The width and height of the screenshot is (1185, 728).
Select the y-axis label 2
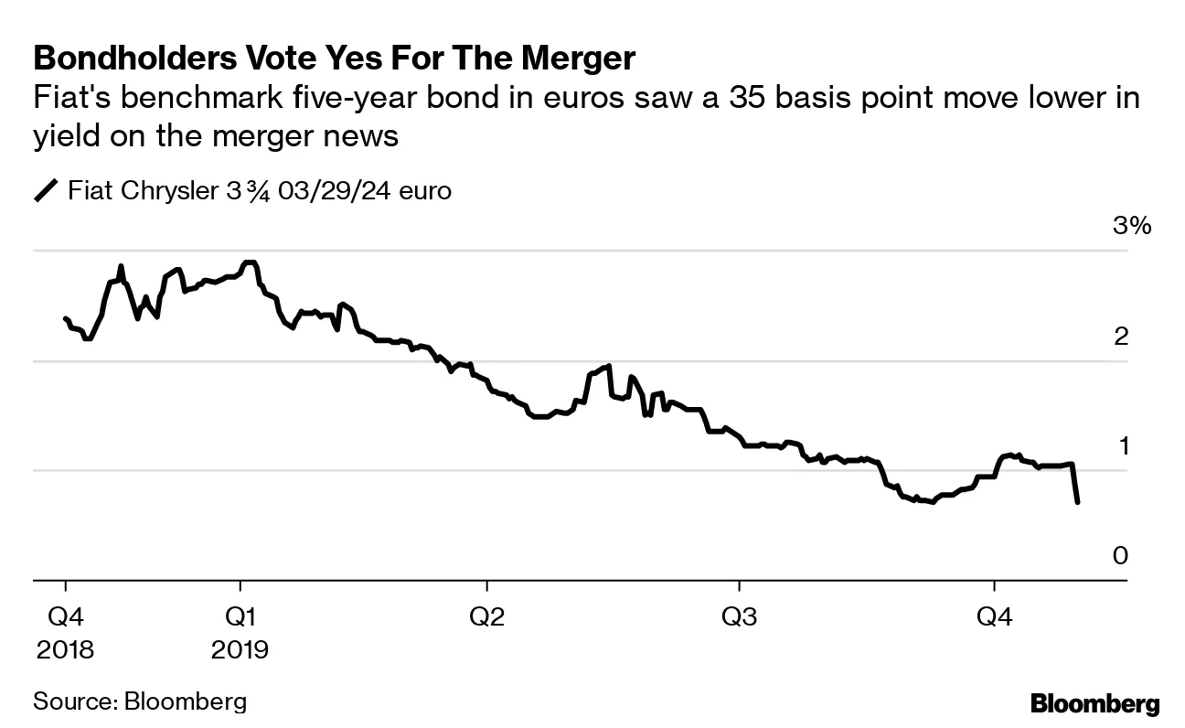pos(1121,337)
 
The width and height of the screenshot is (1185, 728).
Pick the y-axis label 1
pos(1121,445)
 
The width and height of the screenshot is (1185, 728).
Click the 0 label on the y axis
pos(1121,555)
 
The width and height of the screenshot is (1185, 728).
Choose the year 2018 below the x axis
pos(64,649)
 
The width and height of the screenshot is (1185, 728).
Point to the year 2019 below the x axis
pos(240,649)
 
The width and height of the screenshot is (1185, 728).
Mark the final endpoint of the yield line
pos(1079,502)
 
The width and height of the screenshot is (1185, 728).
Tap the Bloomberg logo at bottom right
pos(1094,704)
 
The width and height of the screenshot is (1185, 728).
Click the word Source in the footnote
pos(71,701)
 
